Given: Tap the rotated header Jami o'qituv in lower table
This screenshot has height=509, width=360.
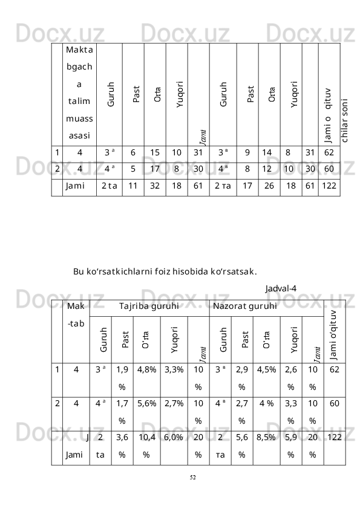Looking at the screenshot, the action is click(x=334, y=329).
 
